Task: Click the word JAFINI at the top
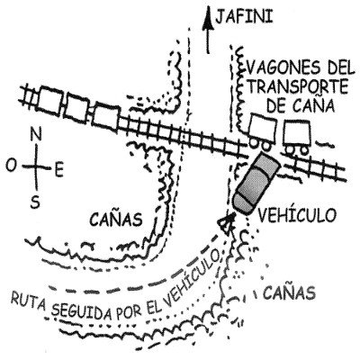[244, 17]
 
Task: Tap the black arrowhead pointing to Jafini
[207, 19]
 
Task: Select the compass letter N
[36, 136]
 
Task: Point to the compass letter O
[11, 166]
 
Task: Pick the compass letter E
[59, 171]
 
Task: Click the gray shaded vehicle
[256, 183]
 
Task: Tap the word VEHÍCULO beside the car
[295, 214]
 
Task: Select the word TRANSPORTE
[297, 86]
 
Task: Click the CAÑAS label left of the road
[115, 219]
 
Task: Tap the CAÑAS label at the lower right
[290, 292]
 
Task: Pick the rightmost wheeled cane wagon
[296, 136]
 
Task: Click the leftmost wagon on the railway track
[50, 101]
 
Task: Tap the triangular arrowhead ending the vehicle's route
[227, 221]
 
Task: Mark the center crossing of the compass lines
[36, 166]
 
